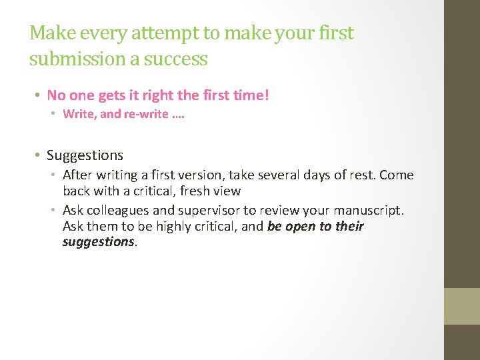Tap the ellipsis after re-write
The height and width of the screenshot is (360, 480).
point(178,114)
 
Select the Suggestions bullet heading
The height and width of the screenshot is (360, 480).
point(85,155)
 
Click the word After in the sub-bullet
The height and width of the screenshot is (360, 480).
point(76,175)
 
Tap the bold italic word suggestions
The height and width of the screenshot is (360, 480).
point(98,242)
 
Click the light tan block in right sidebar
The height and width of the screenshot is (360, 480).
point(462,306)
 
